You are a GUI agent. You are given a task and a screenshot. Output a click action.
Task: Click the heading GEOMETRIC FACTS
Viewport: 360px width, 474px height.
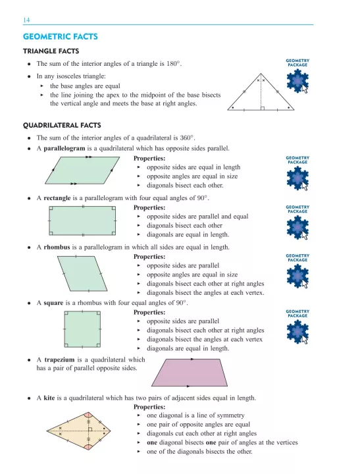[60, 37]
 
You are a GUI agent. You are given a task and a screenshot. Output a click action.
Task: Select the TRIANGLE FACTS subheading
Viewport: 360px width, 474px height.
[51, 51]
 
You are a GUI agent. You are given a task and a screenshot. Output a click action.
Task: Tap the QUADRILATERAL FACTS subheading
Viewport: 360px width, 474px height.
[65, 124]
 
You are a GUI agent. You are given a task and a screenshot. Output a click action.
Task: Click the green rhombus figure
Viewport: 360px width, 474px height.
[84, 273]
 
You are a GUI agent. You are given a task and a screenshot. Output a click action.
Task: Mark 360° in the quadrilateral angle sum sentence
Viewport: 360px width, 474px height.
[186, 138]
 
